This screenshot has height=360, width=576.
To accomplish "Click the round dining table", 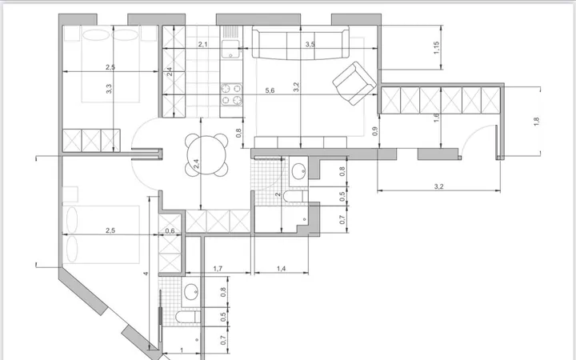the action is point(206,154).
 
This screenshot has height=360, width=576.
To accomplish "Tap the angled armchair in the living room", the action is point(354,83).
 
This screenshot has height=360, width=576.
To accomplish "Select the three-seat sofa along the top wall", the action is point(301,43).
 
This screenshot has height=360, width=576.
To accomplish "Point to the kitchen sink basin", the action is point(230,48).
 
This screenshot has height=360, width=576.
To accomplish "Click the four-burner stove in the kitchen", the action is point(231,94).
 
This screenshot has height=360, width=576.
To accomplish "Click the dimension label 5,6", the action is point(270,90).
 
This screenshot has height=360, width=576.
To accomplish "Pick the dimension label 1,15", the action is point(437,48).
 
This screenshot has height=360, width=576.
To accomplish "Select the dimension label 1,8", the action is point(536,122).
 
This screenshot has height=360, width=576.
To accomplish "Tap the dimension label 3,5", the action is point(310,44).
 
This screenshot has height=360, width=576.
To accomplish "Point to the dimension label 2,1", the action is point(202,44).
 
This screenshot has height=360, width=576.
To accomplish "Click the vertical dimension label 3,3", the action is point(109,89).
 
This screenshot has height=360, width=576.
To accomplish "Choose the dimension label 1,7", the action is point(218,269).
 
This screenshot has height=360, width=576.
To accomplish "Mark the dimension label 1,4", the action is point(281,269).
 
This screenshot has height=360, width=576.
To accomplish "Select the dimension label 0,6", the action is point(170,230).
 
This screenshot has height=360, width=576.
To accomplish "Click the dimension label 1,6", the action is point(437,118).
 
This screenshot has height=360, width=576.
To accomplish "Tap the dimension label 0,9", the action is point(375,131).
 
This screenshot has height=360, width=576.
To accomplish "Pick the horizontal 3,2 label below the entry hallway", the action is point(438,186).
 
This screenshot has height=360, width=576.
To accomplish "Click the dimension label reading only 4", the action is point(146,274).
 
